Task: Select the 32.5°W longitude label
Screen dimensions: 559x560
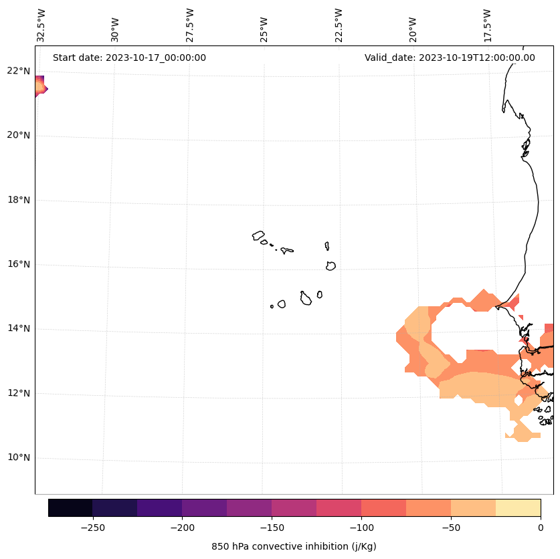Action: pos(41,25)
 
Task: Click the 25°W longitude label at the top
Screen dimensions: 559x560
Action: pos(264,29)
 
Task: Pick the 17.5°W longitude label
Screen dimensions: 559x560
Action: pos(488,25)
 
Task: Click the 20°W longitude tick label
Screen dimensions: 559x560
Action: pos(413,29)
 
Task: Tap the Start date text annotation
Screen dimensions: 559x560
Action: pos(129,58)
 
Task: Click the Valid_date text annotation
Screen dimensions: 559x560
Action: pos(450,58)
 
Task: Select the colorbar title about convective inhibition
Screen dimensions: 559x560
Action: pos(294,546)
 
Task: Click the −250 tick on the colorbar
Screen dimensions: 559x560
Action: pos(92,528)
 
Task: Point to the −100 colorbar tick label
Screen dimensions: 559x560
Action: pos(361,528)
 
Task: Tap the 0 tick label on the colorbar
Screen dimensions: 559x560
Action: pos(540,528)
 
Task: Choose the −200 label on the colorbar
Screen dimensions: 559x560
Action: pos(182,528)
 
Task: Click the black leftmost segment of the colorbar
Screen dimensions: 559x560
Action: pos(70,508)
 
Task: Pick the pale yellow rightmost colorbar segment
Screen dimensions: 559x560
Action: pos(518,508)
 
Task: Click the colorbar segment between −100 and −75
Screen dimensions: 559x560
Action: pos(383,508)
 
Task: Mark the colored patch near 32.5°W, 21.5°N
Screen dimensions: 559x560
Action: pos(40,87)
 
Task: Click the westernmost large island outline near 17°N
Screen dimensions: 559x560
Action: pos(258,235)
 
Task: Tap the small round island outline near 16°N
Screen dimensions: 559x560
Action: pos(331,265)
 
